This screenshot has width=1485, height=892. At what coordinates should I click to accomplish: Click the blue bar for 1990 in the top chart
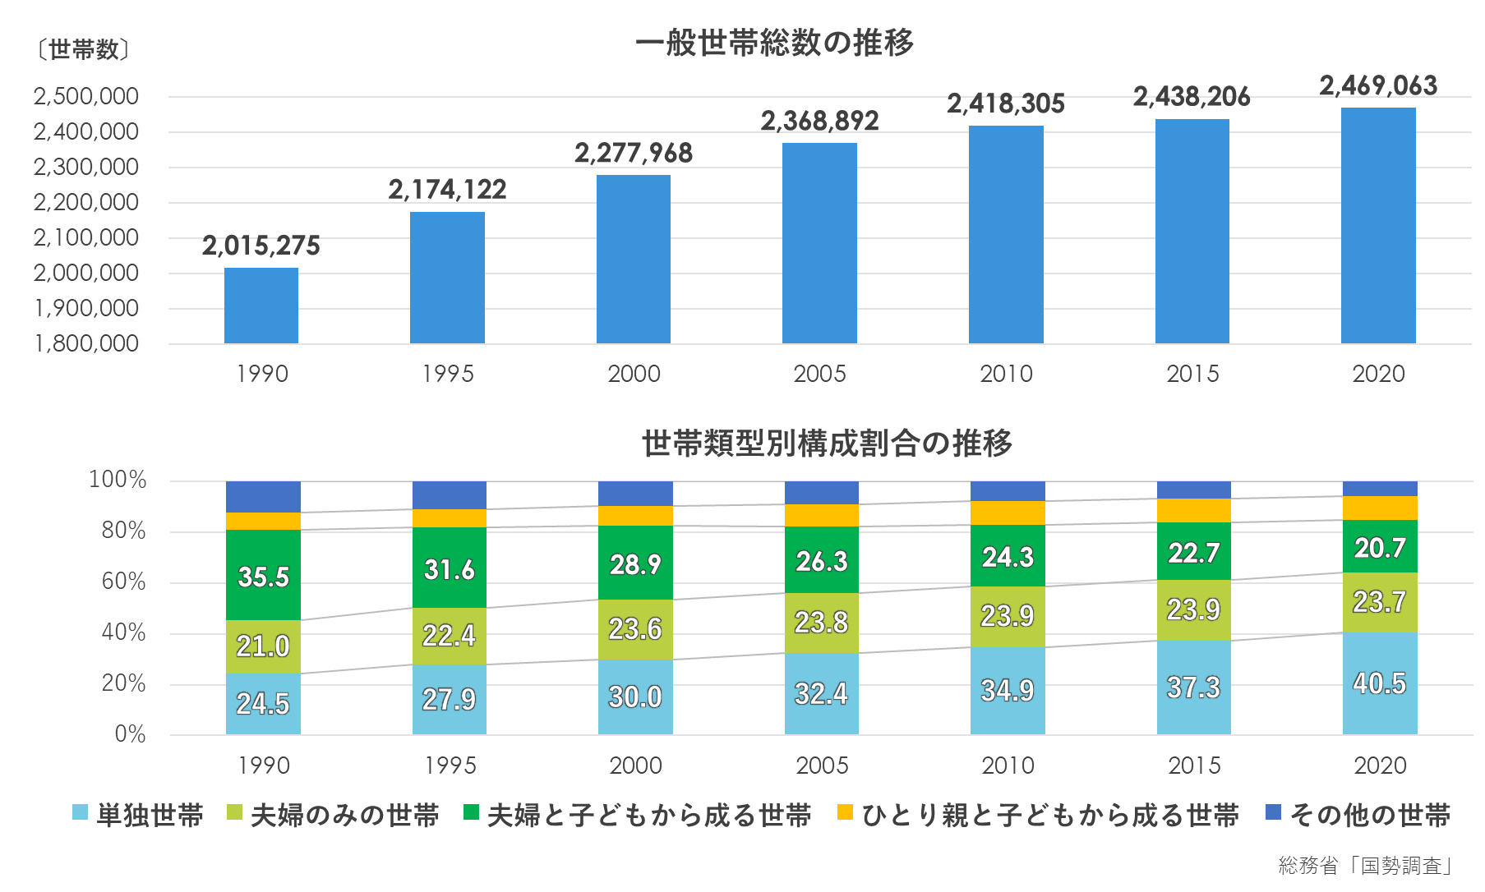point(261,306)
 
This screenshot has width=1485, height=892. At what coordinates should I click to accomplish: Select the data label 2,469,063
point(1378,85)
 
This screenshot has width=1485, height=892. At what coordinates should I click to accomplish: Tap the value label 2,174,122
point(447,190)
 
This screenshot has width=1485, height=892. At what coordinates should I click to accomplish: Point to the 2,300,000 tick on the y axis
point(85,167)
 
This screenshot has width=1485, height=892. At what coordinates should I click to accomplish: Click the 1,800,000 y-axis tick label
point(85,343)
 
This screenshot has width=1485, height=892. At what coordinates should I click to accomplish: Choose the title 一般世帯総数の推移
point(774,43)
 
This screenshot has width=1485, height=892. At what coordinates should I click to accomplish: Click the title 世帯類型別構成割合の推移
point(827,444)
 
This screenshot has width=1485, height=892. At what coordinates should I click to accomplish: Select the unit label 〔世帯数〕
point(82,50)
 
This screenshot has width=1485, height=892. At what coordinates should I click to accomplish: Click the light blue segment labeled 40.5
point(1380,683)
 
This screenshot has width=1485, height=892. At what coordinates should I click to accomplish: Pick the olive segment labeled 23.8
point(821,623)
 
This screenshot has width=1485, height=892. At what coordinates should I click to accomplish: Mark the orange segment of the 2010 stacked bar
point(1008,513)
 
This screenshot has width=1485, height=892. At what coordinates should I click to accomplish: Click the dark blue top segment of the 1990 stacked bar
point(263,497)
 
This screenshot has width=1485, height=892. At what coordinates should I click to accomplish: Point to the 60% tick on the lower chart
point(123,582)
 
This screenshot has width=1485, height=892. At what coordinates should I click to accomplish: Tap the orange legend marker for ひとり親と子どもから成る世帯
point(845,812)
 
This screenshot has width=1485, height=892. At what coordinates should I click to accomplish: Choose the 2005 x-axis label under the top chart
point(819,374)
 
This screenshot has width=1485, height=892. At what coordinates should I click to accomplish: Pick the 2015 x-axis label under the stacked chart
point(1194,766)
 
